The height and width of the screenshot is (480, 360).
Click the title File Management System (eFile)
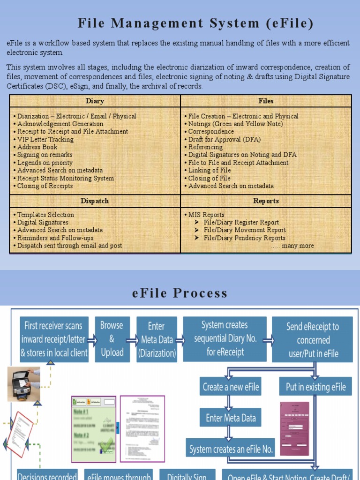coord(195,23)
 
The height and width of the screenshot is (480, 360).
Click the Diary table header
coord(95,101)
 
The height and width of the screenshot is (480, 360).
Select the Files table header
coord(266,101)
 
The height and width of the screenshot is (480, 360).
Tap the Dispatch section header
coord(95,201)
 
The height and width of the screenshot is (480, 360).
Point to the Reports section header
coord(266,201)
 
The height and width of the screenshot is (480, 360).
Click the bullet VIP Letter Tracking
coord(45,139)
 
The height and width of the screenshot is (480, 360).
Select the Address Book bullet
coord(37,147)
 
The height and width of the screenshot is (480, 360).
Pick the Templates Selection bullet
coord(45,215)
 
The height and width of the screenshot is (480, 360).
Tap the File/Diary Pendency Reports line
coord(244,238)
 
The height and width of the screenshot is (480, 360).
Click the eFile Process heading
coord(180,293)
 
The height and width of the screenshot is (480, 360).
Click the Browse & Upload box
coord(112,339)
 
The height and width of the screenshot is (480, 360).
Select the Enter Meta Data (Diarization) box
coord(157,339)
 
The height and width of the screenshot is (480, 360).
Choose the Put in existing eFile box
coord(316,387)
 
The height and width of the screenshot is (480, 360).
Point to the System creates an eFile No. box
coord(231,449)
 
